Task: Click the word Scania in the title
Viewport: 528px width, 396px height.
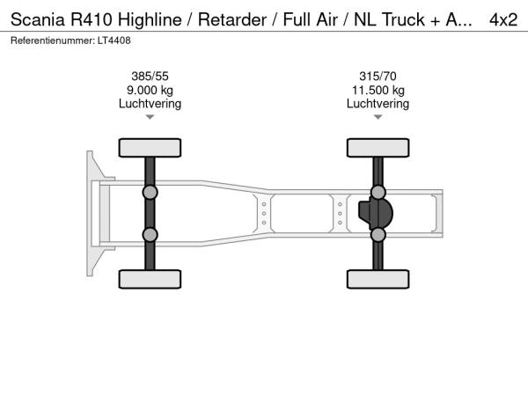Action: (37, 19)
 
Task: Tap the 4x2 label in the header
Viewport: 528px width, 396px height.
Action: (503, 19)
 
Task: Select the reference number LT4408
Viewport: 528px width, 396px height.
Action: (114, 40)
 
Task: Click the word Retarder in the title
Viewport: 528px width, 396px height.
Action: (232, 19)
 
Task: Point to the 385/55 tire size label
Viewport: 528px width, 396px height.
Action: (150, 76)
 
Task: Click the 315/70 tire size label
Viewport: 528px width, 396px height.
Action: (378, 76)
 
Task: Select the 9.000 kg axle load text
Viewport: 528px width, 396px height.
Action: (150, 91)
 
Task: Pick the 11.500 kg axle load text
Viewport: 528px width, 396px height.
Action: (378, 91)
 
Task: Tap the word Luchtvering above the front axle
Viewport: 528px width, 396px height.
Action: (150, 103)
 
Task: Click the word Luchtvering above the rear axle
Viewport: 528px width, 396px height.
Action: (378, 103)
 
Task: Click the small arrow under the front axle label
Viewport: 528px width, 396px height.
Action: (150, 117)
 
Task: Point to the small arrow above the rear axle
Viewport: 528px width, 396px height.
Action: (378, 117)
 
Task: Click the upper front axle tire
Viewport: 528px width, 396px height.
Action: (150, 148)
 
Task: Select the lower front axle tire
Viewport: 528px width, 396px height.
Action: (150, 279)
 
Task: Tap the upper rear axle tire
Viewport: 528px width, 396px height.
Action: (378, 148)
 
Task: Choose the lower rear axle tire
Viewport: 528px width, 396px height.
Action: (378, 279)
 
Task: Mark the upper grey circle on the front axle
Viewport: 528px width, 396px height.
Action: (150, 193)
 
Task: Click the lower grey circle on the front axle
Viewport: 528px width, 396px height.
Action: (150, 235)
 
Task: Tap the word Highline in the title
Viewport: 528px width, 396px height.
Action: (150, 19)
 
